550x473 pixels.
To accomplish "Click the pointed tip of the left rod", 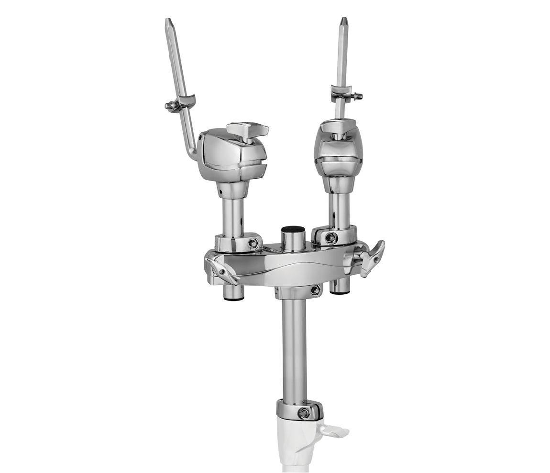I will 168,21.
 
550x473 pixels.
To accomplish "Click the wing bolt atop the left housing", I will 247,129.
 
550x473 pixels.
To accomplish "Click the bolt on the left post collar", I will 253,243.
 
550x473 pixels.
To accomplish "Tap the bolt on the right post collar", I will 330,237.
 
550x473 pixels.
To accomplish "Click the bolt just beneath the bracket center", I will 315,290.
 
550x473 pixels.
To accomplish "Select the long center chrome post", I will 294,349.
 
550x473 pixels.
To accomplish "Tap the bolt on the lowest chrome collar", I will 303,413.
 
